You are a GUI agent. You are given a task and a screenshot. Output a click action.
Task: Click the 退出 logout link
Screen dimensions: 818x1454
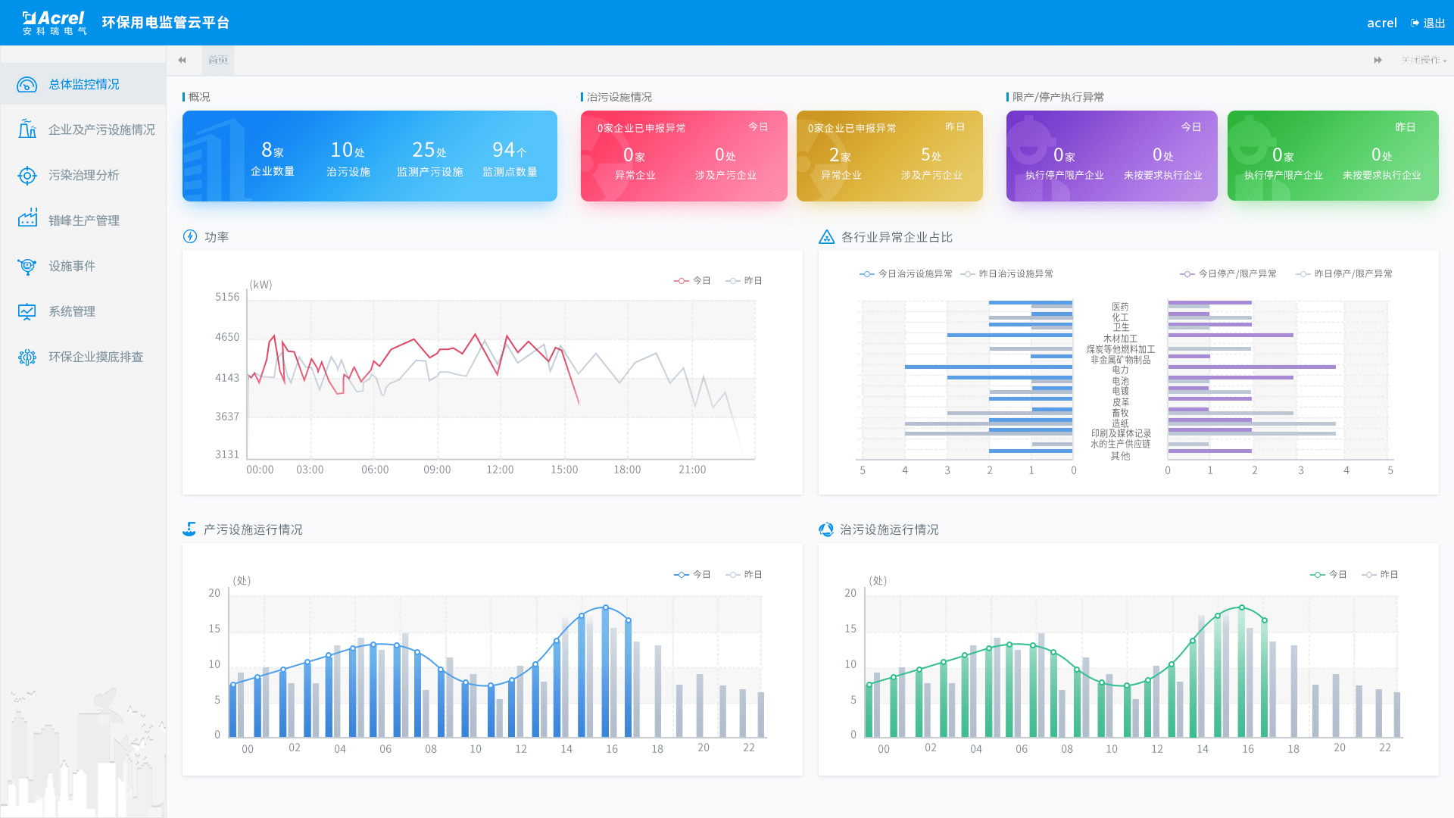pyautogui.click(x=1428, y=23)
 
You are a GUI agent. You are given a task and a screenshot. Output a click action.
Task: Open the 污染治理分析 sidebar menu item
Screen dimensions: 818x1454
pyautogui.click(x=83, y=175)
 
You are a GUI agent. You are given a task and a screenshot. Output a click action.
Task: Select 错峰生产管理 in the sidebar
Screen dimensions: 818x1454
pyautogui.click(x=83, y=220)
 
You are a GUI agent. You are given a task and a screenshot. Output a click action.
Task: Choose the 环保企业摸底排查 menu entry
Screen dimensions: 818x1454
pyautogui.click(x=95, y=357)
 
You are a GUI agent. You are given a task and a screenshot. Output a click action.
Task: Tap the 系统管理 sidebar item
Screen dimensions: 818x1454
pyautogui.click(x=71, y=311)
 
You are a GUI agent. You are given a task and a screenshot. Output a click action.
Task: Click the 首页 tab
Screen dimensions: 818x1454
pyautogui.click(x=218, y=60)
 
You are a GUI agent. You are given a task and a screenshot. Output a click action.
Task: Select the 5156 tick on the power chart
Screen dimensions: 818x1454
pyautogui.click(x=227, y=297)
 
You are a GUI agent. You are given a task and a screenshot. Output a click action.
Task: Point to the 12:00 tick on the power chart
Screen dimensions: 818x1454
pyautogui.click(x=500, y=470)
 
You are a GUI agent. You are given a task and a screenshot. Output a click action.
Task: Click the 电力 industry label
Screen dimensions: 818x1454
pyautogui.click(x=1120, y=370)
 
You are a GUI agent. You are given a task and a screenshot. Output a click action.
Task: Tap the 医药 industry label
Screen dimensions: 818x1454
pyautogui.click(x=1120, y=307)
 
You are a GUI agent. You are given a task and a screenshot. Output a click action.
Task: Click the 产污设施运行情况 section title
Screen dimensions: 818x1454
pyautogui.click(x=252, y=529)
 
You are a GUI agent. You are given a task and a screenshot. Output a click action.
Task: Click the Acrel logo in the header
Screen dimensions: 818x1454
pyautogui.click(x=55, y=23)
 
